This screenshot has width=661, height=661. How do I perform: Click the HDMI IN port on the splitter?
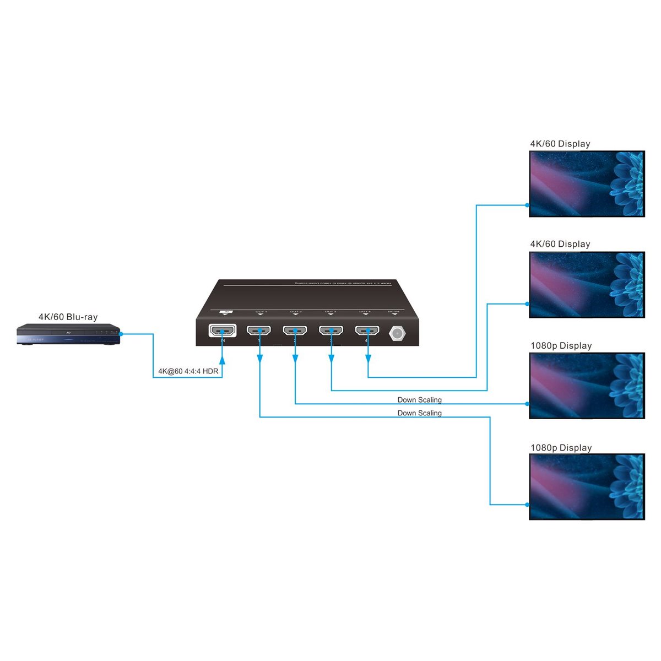[x=222, y=331]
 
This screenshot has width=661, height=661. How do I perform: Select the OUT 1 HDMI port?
[x=259, y=331]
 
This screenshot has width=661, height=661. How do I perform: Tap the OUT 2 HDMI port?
[x=295, y=331]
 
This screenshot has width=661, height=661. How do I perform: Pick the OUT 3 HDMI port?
[x=331, y=331]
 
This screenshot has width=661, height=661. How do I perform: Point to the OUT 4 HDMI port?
[x=367, y=331]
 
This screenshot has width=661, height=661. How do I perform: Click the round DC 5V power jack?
[x=397, y=333]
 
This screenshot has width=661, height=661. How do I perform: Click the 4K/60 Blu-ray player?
[x=68, y=335]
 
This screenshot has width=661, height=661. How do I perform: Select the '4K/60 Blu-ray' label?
[x=68, y=317]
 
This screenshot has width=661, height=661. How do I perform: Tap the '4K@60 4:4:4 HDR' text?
[x=188, y=371]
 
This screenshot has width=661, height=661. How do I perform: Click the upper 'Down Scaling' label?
[x=420, y=400]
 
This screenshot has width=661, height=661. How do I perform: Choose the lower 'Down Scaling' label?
[x=420, y=413]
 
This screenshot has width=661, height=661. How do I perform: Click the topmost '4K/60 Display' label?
[x=560, y=144]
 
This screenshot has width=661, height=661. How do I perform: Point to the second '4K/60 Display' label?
[x=560, y=244]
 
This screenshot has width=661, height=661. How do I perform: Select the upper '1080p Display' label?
[x=561, y=346]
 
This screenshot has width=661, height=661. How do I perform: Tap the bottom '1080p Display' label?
[x=561, y=448]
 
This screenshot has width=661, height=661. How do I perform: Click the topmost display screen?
[x=587, y=183]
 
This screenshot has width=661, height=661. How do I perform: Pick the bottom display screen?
[x=587, y=486]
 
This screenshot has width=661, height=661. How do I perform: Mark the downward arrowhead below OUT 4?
[x=367, y=359]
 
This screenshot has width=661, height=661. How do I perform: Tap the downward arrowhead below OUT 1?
[x=259, y=359]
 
